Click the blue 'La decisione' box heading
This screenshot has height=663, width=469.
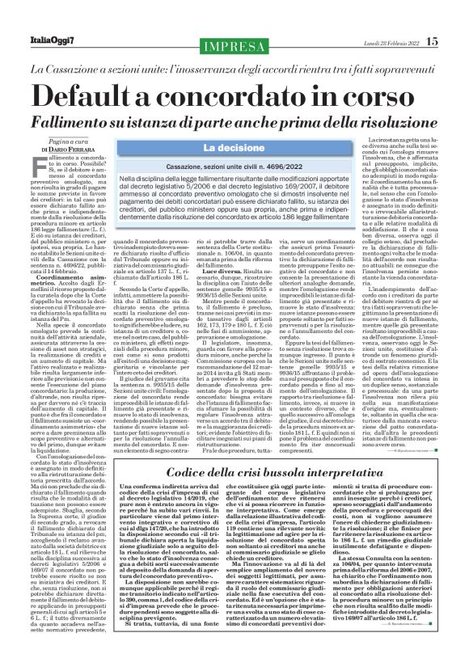pos(234,148)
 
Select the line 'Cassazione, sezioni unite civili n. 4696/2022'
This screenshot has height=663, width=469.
pos(234,165)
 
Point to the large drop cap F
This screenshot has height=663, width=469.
pos(35,167)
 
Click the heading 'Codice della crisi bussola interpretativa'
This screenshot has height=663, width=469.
pos(234,471)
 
